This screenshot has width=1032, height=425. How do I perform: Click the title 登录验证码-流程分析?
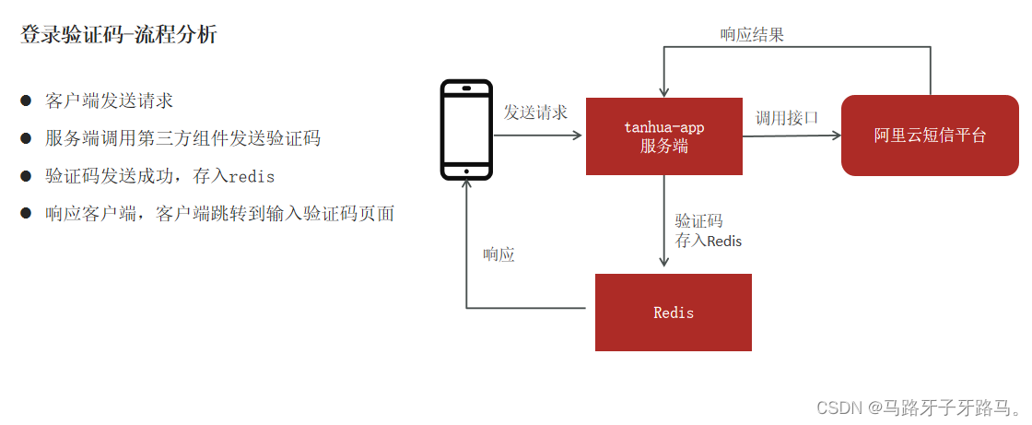[119, 35]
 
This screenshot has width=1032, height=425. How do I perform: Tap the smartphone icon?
[466, 129]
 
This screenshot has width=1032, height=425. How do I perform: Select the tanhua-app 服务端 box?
[663, 136]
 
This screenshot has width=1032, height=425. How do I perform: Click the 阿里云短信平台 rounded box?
[930, 136]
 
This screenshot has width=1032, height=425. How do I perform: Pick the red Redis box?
[673, 313]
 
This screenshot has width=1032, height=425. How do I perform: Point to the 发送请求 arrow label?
[534, 112]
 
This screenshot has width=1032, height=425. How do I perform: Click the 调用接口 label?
[788, 118]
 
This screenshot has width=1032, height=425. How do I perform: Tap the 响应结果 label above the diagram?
[752, 35]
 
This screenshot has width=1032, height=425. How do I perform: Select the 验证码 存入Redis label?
[708, 230]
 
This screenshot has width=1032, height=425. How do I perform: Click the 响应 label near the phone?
[498, 254]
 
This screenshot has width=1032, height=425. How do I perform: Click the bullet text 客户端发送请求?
[109, 100]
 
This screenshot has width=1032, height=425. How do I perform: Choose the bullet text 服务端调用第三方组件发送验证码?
[182, 138]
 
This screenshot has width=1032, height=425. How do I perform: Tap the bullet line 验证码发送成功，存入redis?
[159, 175]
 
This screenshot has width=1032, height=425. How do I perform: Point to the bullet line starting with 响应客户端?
[219, 213]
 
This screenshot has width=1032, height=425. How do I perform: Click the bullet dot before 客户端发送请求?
[27, 100]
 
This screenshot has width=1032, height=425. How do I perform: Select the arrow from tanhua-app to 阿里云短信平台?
[792, 136]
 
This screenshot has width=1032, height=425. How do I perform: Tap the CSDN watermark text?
[918, 406]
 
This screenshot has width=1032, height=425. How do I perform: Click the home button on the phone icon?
[466, 170]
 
